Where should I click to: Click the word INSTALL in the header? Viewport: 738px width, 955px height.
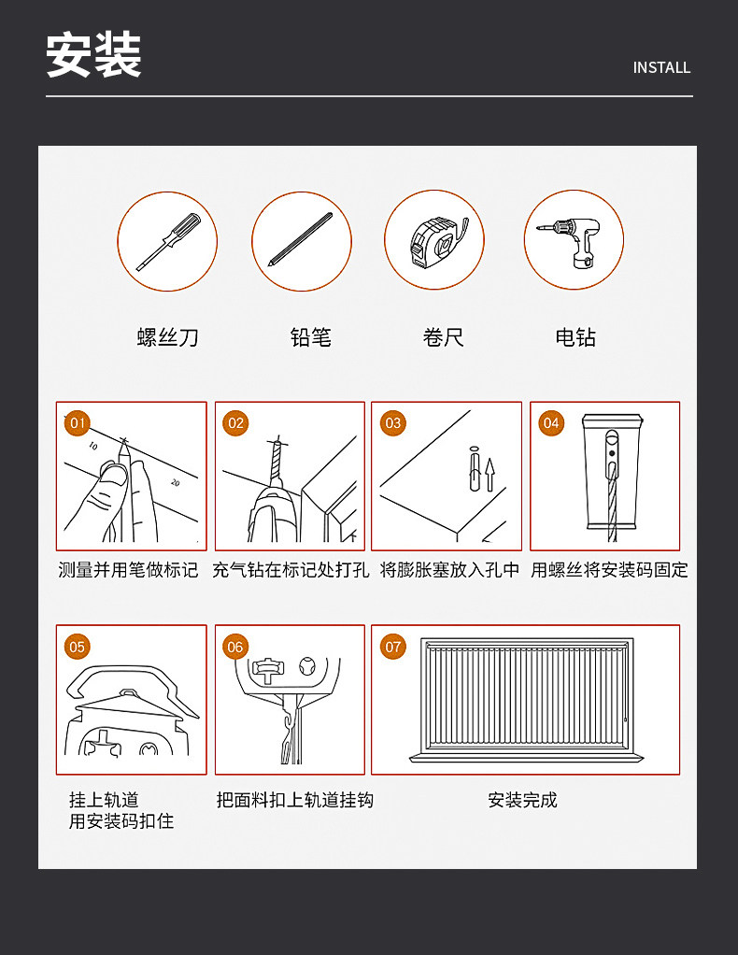pos(661,67)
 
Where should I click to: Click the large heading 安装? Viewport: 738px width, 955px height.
pos(93,55)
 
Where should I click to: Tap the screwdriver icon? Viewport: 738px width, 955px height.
pos(167,241)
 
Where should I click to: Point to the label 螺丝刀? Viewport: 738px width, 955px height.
pos(168,337)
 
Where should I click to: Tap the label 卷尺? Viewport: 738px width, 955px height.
pos(444,337)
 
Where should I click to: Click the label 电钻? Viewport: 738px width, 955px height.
pos(575,337)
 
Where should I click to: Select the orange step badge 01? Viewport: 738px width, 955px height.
pos(78,423)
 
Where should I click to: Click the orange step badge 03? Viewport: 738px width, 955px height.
pos(393,423)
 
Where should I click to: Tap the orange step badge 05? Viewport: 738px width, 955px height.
pos(78,647)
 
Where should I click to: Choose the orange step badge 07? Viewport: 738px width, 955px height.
pos(393,647)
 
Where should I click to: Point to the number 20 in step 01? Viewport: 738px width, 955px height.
pos(176,482)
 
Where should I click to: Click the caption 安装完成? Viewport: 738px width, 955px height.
pos(522,800)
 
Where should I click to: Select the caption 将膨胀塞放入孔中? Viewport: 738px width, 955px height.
pos(449,570)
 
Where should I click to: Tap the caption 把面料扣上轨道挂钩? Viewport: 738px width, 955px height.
pos(294,800)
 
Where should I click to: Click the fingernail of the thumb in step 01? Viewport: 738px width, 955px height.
pos(114,474)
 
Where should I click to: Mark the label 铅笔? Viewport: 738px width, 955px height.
pos(310,337)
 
